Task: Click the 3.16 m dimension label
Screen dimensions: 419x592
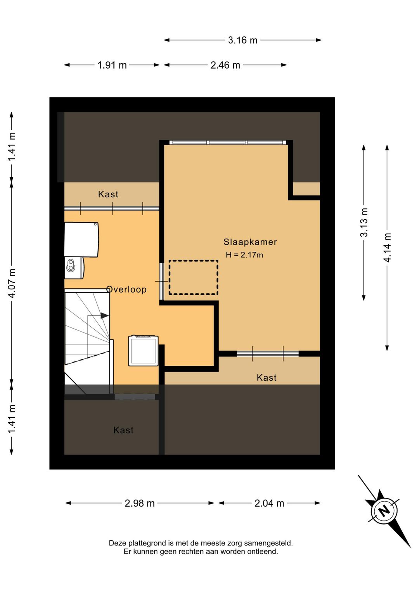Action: click(242, 40)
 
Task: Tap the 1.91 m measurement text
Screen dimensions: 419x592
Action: click(112, 65)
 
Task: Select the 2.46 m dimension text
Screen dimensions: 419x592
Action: click(225, 65)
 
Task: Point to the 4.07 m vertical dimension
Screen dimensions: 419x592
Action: click(12, 283)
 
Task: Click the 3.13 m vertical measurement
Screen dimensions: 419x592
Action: click(364, 222)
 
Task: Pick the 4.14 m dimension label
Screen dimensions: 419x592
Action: click(387, 248)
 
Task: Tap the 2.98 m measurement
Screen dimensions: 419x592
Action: click(140, 503)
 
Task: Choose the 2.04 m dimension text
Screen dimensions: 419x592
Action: click(269, 503)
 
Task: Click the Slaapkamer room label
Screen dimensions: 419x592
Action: click(250, 242)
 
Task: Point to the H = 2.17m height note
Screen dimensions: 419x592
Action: click(244, 255)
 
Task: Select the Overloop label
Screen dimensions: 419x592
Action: click(126, 289)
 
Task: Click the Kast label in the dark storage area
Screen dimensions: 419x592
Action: click(123, 430)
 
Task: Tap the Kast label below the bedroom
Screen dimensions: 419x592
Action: click(267, 377)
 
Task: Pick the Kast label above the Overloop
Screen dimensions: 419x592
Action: click(108, 194)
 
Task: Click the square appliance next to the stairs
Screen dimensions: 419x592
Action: click(143, 351)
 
